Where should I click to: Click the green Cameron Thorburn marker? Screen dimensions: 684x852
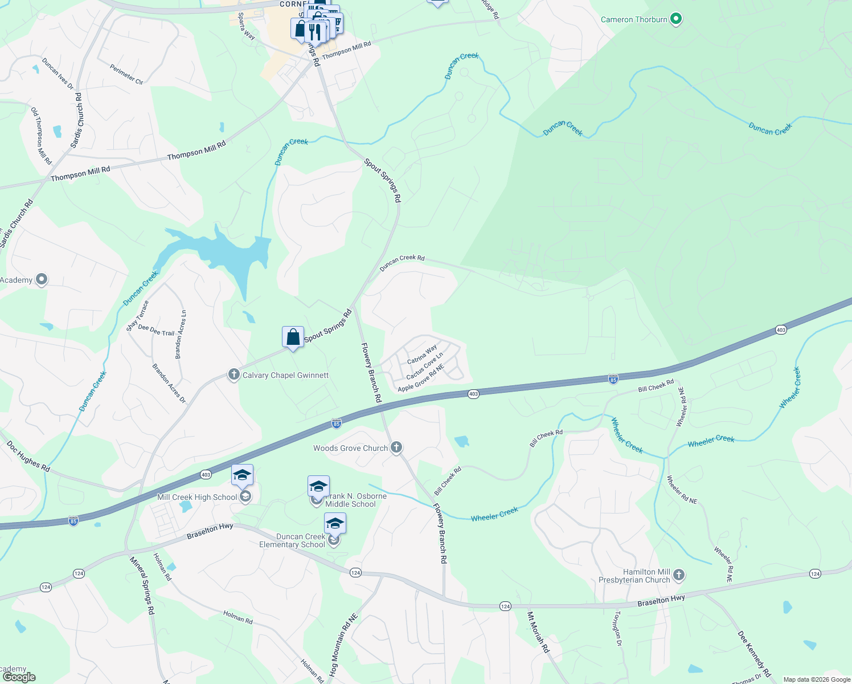pos(676,19)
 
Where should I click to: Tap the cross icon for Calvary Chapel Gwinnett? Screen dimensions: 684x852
pos(234,374)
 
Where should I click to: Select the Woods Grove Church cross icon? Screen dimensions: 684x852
pos(397,447)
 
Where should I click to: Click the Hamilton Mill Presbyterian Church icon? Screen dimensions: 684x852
pos(679,575)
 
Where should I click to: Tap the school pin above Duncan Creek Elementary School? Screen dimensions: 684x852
pos(335,523)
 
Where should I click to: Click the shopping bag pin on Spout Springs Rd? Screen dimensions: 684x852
pos(293,337)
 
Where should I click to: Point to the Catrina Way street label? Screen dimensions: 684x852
pos(422,355)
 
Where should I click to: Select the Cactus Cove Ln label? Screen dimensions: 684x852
pos(424,366)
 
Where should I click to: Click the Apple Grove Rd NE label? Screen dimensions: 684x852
pos(420,378)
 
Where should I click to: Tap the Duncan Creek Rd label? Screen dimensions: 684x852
pos(402,262)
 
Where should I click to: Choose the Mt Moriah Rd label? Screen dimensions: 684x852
pos(538,632)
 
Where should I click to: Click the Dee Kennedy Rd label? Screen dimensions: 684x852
pos(754,653)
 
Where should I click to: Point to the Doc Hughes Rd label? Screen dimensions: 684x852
pos(28,457)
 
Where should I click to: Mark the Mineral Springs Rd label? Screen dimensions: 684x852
pos(142,585)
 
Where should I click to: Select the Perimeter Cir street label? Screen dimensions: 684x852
pos(126,74)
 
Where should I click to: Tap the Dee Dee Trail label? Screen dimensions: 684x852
pos(156,330)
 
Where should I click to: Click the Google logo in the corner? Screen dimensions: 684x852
pos(19,677)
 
